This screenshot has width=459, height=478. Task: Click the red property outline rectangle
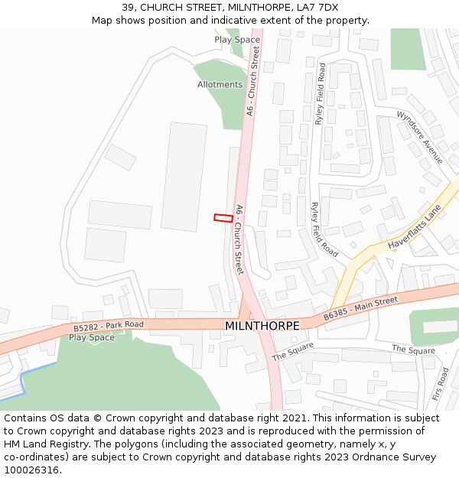point(223,218)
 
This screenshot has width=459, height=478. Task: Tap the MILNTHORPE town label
point(262,326)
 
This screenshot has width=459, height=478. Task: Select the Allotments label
point(220,85)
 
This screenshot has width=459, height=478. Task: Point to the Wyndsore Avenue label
point(419,136)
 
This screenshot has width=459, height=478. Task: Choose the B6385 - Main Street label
point(360,309)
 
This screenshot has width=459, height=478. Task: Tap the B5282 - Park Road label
point(109,327)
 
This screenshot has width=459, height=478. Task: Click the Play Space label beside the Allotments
point(237,40)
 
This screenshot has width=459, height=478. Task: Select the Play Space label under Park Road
point(92,337)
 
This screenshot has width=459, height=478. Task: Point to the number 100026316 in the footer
point(31,470)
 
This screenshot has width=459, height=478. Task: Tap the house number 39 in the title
point(128,8)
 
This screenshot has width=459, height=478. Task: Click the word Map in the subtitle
point(103,21)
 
